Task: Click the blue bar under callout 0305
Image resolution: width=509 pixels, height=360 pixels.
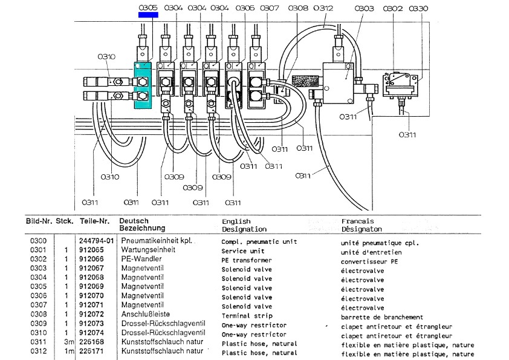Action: coord(148,15)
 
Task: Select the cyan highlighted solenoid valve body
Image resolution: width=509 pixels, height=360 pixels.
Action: coord(143,85)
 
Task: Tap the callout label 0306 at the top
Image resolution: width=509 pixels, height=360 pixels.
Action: coord(245,8)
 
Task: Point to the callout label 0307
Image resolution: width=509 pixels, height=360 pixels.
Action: coord(270,8)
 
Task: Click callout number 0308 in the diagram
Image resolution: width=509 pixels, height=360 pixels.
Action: coord(298,8)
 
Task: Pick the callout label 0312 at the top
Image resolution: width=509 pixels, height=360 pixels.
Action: coord(323,8)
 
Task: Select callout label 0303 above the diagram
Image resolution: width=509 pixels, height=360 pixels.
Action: coord(365,8)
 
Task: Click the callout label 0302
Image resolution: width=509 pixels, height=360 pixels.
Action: coord(393,8)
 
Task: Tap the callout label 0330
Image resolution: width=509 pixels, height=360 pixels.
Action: coord(418,8)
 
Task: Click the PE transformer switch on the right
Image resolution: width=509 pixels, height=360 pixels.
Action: coord(400,85)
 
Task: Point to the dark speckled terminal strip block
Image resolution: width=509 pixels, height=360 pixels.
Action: coord(305,81)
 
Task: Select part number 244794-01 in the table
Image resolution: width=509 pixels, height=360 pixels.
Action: coord(96,241)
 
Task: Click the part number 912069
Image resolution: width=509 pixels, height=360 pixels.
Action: coord(91,286)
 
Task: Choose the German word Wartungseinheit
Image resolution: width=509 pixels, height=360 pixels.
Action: coord(148,249)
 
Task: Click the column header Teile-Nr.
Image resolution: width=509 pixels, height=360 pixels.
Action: coord(95,221)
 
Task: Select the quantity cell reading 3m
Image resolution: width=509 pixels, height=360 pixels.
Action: coord(69,342)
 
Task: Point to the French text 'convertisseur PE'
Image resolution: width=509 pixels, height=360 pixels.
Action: coord(369,261)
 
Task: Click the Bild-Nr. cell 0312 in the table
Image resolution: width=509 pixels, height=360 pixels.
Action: coord(38,352)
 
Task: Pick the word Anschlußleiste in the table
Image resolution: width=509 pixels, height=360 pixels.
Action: coord(146,314)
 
